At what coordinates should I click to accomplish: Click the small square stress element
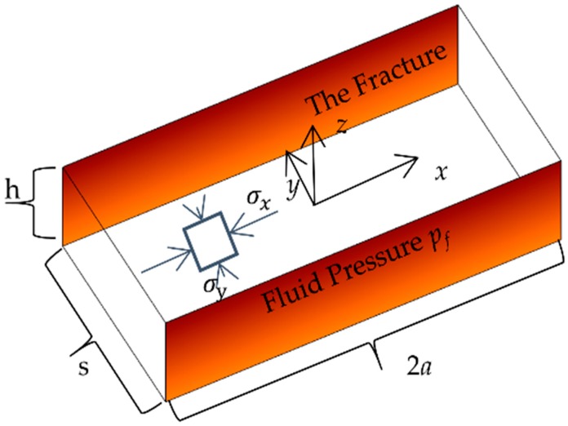point(209,242)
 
